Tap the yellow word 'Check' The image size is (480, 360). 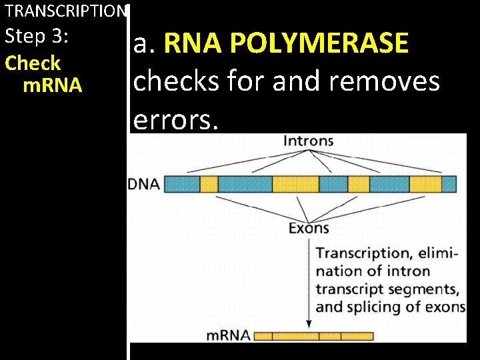tap(32, 63)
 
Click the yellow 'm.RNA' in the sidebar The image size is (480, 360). tap(52, 85)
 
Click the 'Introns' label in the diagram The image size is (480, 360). tap(309, 141)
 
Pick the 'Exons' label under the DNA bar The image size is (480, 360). tap(309, 228)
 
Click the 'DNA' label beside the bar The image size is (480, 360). tap(144, 184)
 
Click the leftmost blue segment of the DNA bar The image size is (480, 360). tap(182, 183)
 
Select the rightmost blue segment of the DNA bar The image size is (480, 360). tap(449, 183)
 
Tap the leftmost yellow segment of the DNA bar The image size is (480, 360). tap(209, 183)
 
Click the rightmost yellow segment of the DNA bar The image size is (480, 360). tap(425, 183)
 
